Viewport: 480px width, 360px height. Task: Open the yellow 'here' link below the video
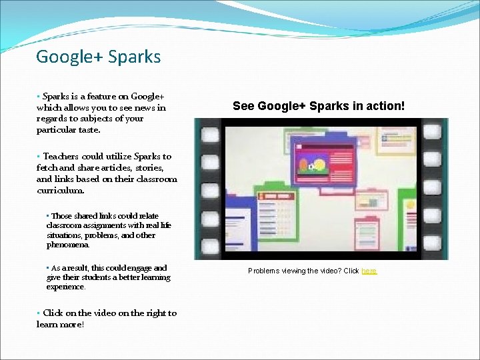click(369, 271)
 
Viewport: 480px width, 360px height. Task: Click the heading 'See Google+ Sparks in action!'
click(319, 106)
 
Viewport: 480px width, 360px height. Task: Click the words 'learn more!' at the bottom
click(60, 325)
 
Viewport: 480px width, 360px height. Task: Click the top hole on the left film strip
click(211, 136)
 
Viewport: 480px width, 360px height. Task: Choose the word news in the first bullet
click(142, 107)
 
